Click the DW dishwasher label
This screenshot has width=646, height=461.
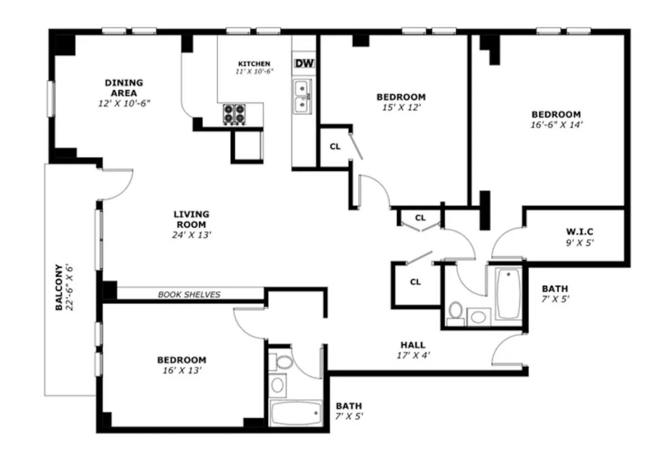304,63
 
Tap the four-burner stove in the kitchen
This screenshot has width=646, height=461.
234,114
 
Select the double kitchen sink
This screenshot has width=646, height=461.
302,96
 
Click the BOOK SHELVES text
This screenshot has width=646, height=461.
189,294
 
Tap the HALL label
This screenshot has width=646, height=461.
413,345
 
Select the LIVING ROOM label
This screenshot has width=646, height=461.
191,219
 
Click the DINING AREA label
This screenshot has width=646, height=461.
123,88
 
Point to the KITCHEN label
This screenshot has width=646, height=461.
254,63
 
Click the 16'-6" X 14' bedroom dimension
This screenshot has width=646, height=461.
556,125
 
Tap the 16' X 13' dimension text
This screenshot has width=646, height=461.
181,370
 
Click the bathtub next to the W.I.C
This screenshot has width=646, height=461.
508,293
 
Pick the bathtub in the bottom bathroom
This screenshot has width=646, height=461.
295,413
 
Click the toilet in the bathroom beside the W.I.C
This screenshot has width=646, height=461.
456,312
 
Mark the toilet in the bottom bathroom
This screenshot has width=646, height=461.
284,363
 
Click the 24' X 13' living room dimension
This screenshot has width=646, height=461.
191,235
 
